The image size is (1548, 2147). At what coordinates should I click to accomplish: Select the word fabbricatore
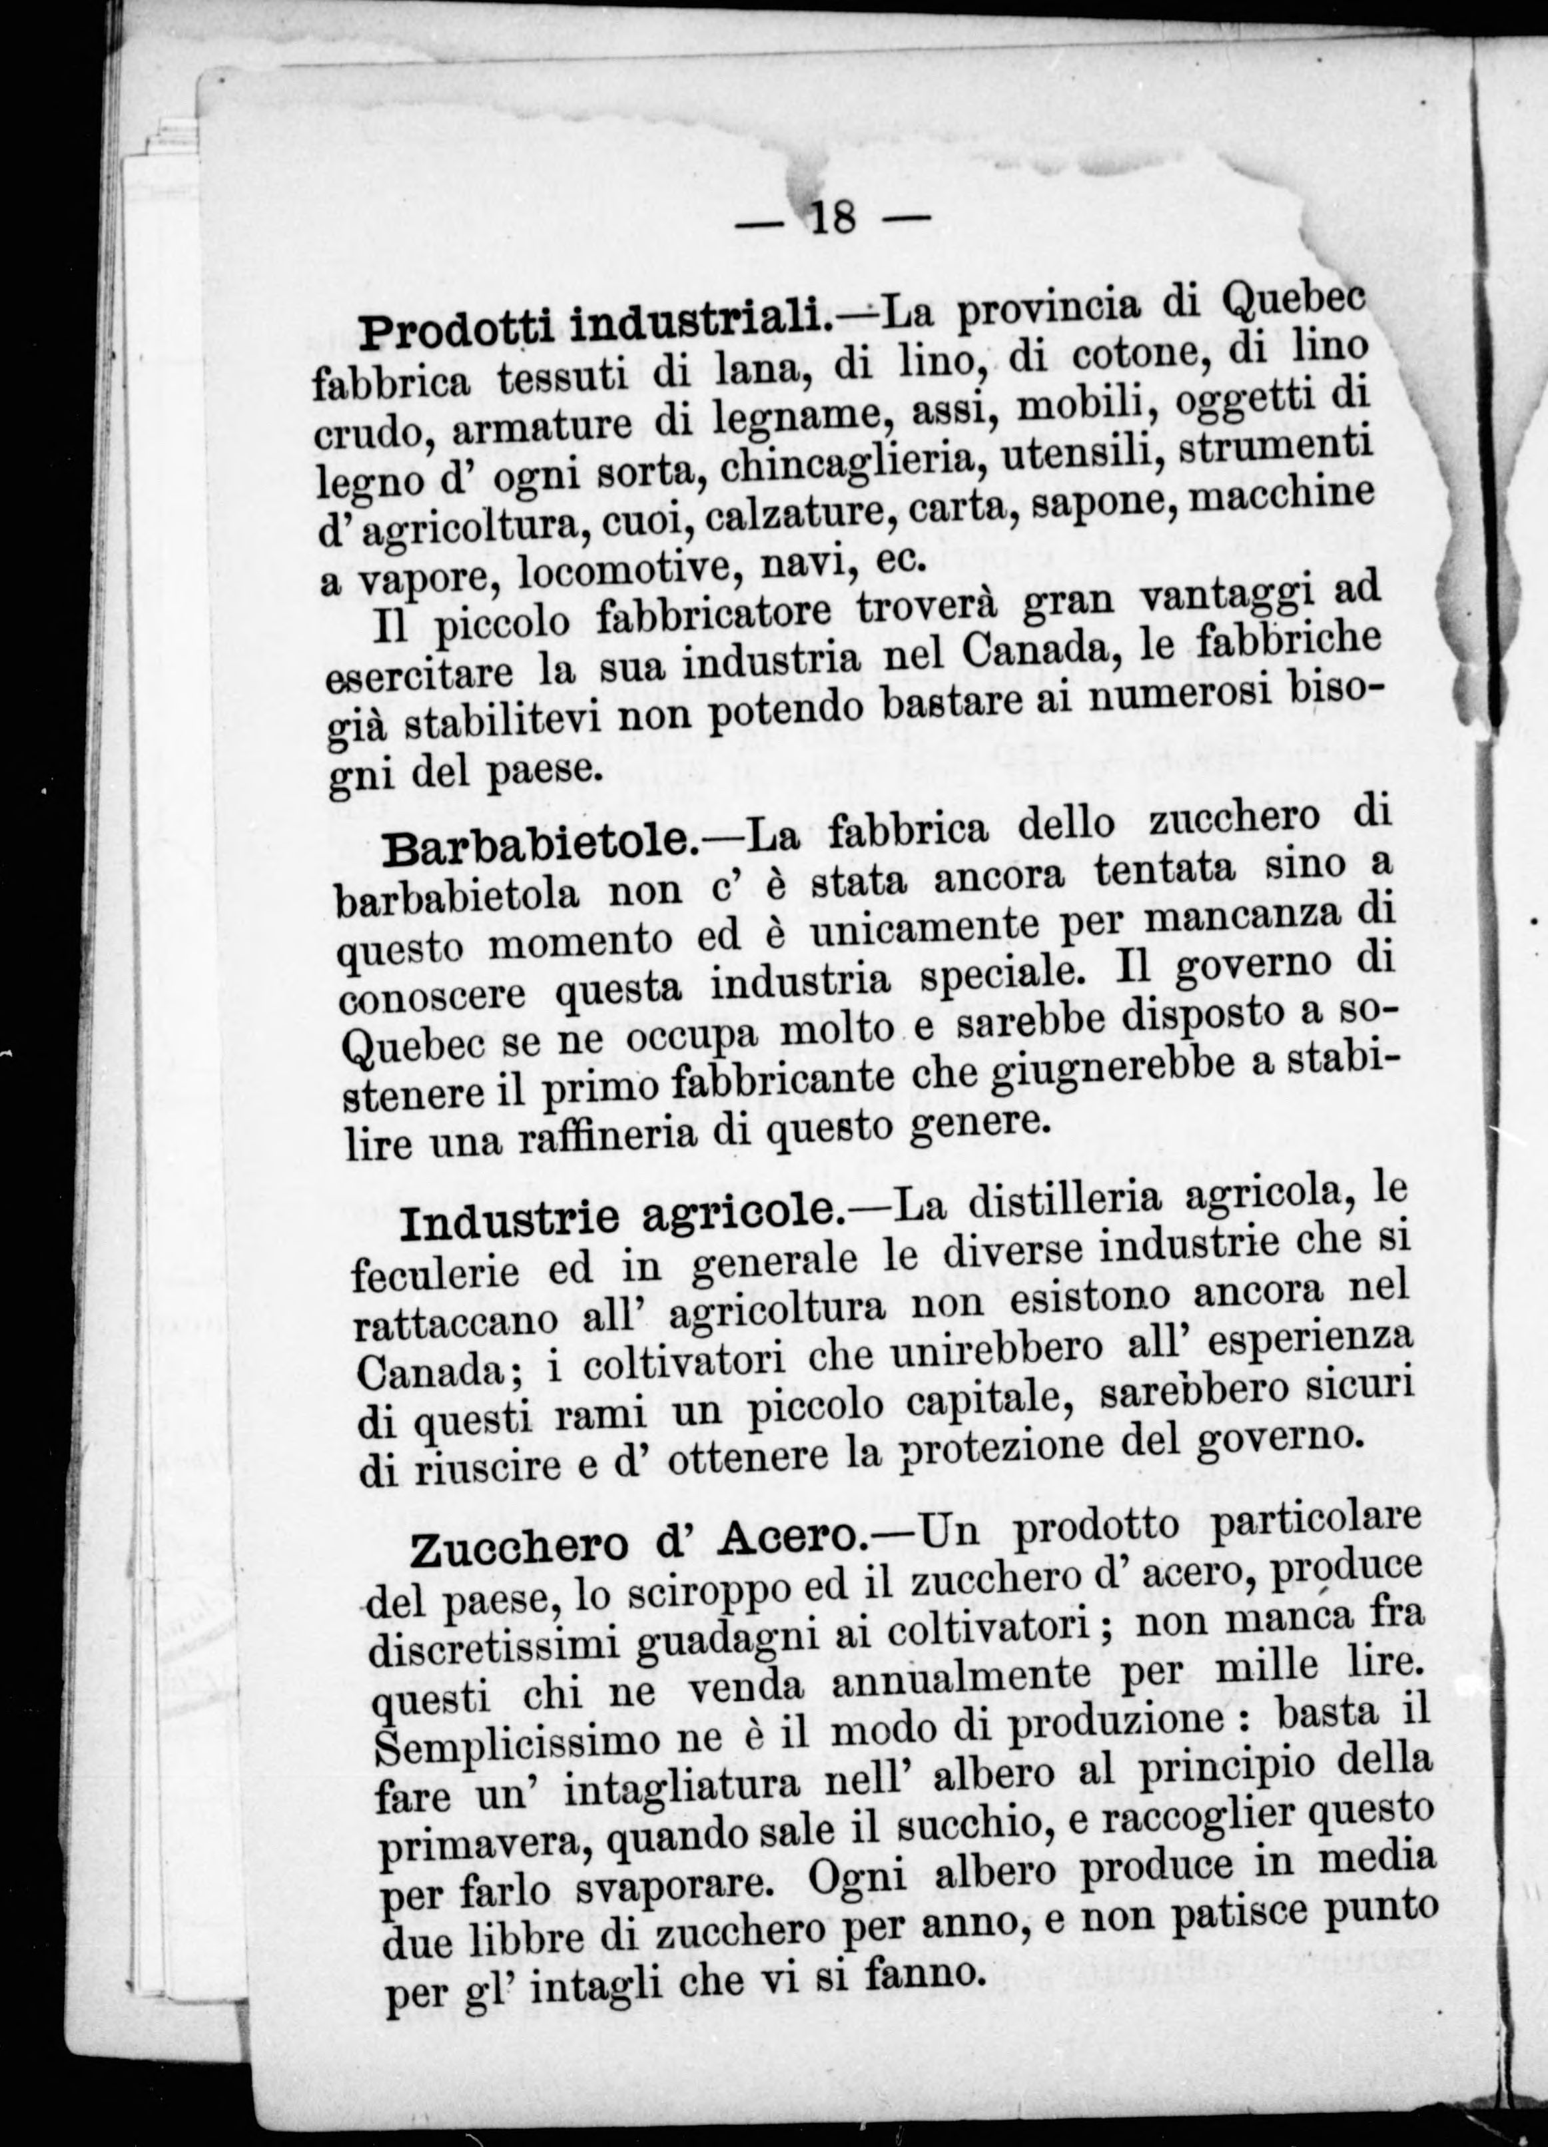719,615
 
